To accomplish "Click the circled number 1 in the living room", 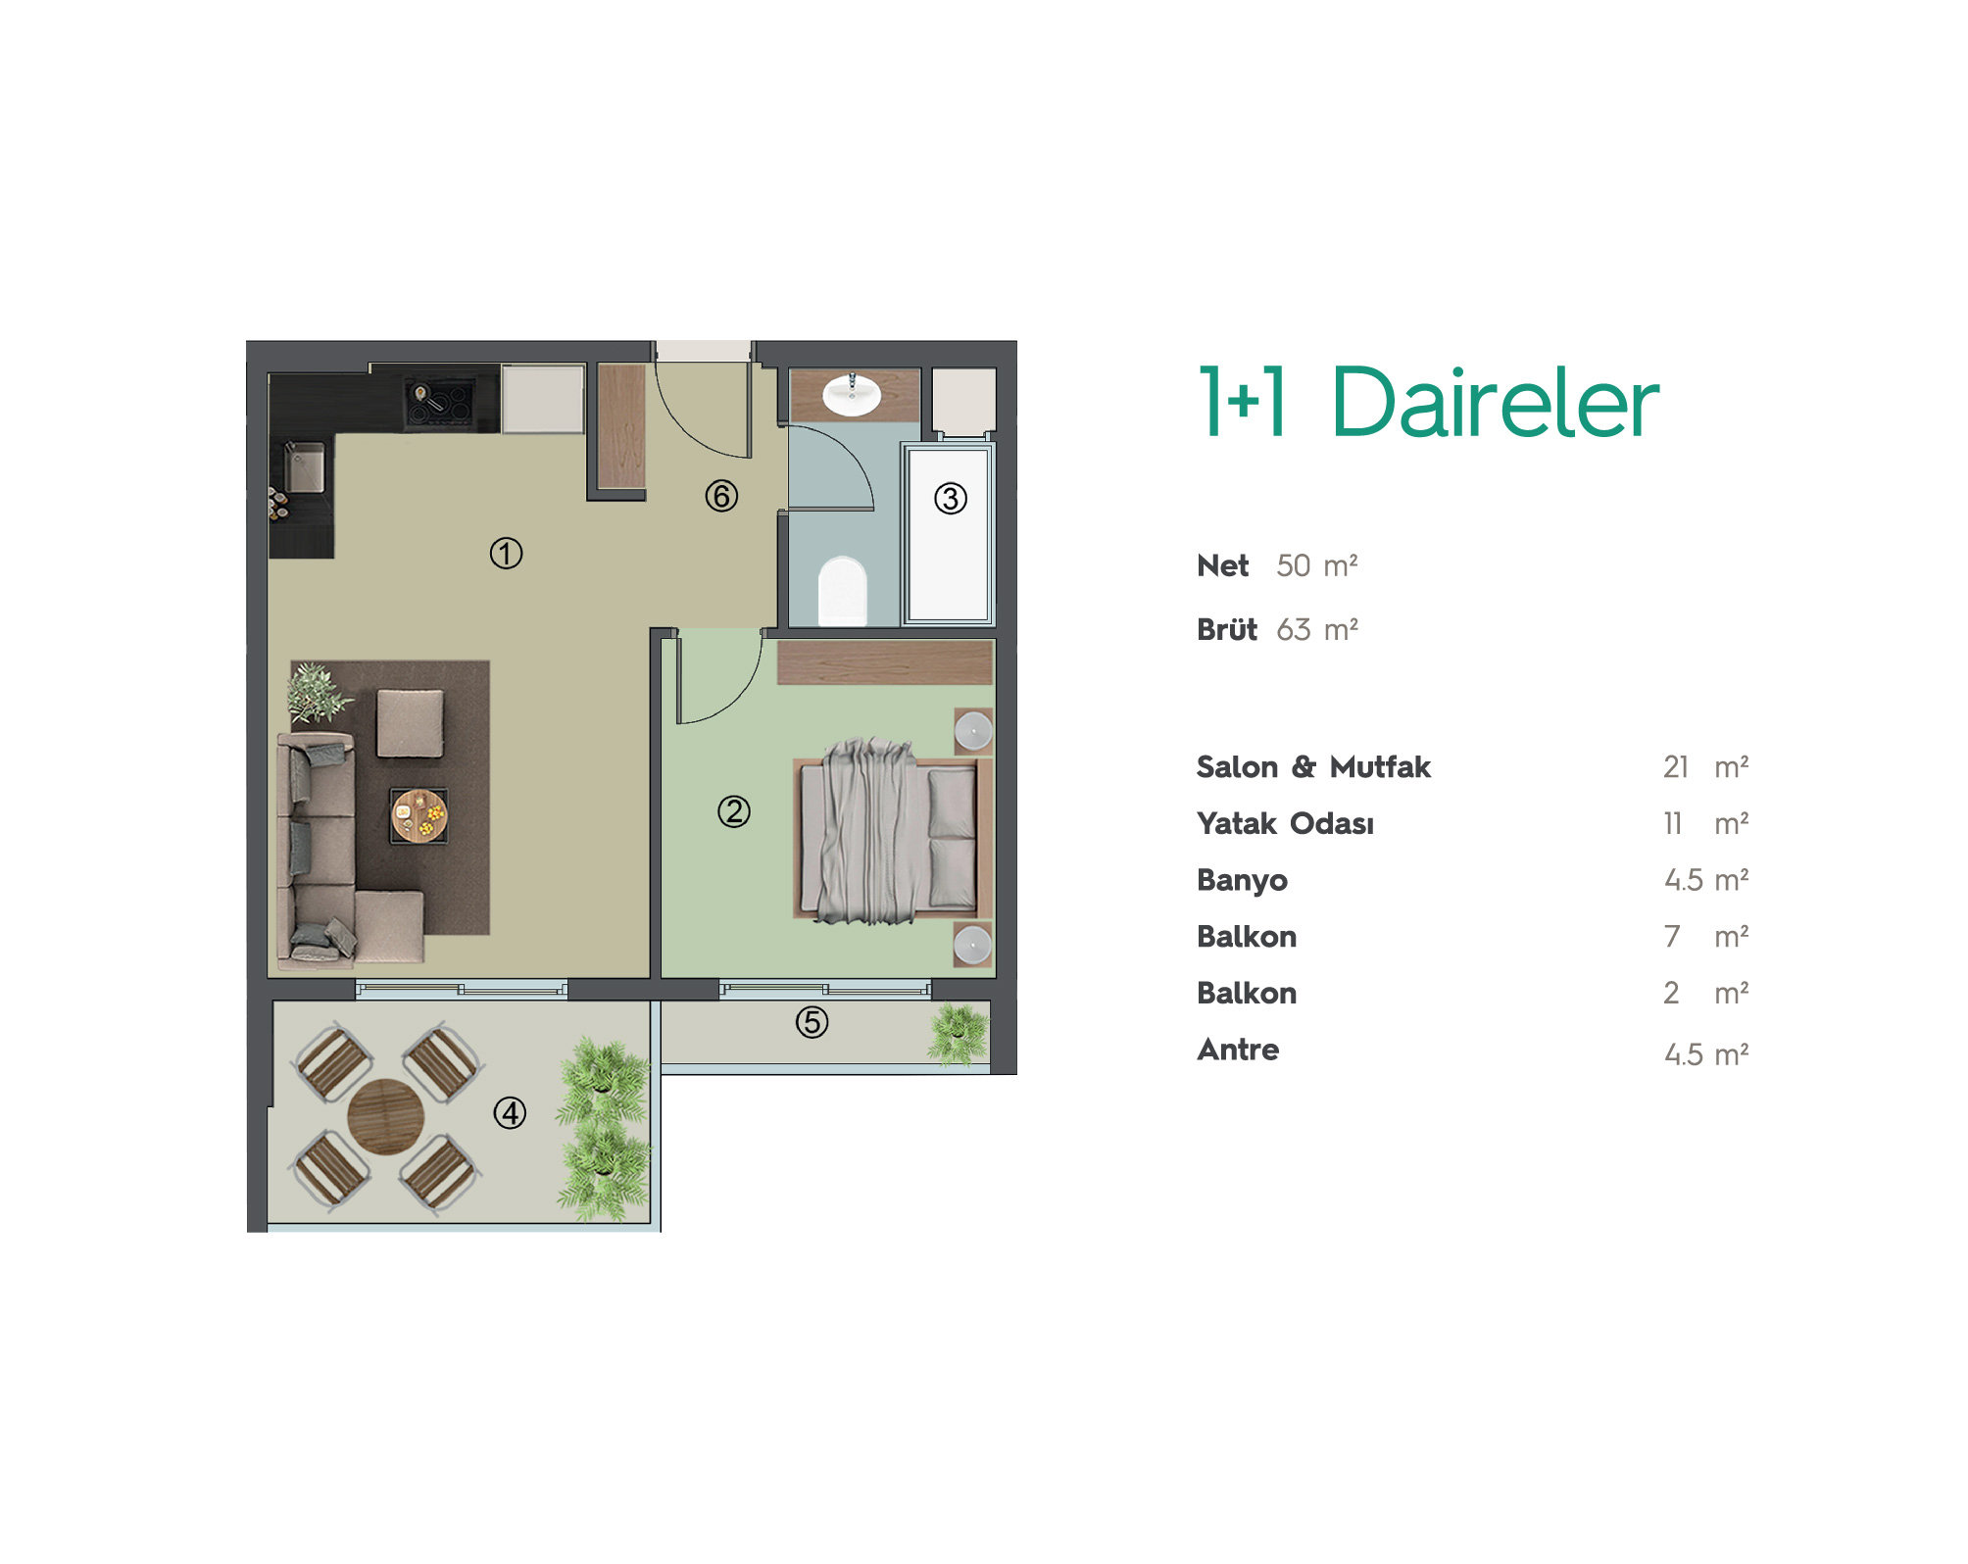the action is [506, 554].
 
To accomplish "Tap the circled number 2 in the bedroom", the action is [734, 811].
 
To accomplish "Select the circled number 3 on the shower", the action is [951, 499].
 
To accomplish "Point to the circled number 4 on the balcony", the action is [510, 1113].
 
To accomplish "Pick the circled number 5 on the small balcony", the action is [812, 1022].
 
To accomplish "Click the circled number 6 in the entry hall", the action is [721, 496].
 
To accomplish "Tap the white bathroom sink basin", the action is [852, 395].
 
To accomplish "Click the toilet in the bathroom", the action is [843, 591].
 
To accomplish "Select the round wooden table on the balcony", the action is [385, 1117].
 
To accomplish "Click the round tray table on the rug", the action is [419, 815].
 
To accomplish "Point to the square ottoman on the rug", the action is [410, 723].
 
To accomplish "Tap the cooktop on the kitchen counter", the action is [438, 400].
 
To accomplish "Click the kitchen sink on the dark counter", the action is [305, 467].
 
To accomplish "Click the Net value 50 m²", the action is [1316, 565].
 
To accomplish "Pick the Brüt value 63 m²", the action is [1316, 629].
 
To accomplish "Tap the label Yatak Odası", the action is [1285, 823].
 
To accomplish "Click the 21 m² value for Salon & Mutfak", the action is [1705, 766].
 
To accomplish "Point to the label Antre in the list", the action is [1238, 1050].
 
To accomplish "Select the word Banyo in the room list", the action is [1242, 880].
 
